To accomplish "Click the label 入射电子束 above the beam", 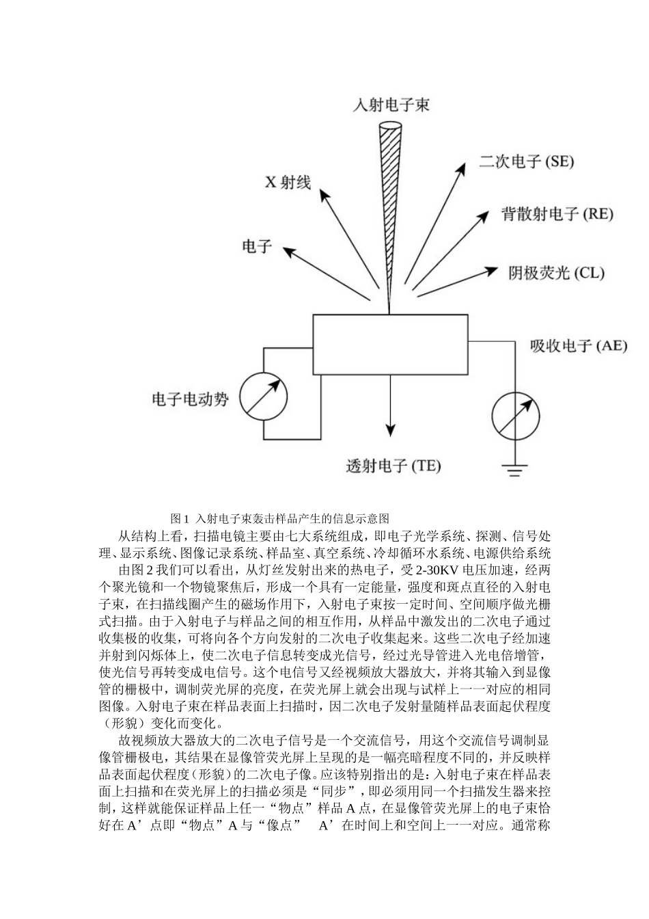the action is pos(391,105).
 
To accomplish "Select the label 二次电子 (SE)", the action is pos(526,161).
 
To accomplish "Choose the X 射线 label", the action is pos(288,182).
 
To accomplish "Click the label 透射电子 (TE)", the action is pos(393,466).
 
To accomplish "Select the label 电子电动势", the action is pos(190,399).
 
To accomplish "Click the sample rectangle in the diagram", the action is pos(390,344).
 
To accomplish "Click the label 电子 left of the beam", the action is pos(257,246).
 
